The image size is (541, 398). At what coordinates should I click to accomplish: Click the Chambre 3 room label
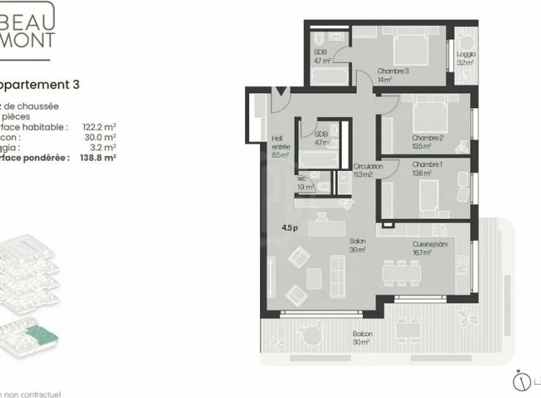[393, 71]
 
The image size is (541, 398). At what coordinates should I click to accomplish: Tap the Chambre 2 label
[427, 138]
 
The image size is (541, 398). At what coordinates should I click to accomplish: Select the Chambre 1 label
[427, 164]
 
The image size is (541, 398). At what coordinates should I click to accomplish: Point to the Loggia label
[466, 54]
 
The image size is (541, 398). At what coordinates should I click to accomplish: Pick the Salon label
[357, 241]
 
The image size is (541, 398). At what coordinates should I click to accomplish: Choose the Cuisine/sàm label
[430, 244]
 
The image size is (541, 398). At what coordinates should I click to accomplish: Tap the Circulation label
[368, 166]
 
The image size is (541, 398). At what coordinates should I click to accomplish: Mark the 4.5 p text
[290, 228]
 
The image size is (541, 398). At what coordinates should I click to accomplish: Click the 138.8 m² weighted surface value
[98, 158]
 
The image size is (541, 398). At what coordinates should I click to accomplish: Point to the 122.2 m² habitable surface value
[99, 127]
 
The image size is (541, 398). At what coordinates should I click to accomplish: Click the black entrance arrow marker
[281, 91]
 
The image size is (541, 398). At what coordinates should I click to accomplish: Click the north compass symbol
[521, 382]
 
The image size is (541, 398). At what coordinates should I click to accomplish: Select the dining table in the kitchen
[401, 273]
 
